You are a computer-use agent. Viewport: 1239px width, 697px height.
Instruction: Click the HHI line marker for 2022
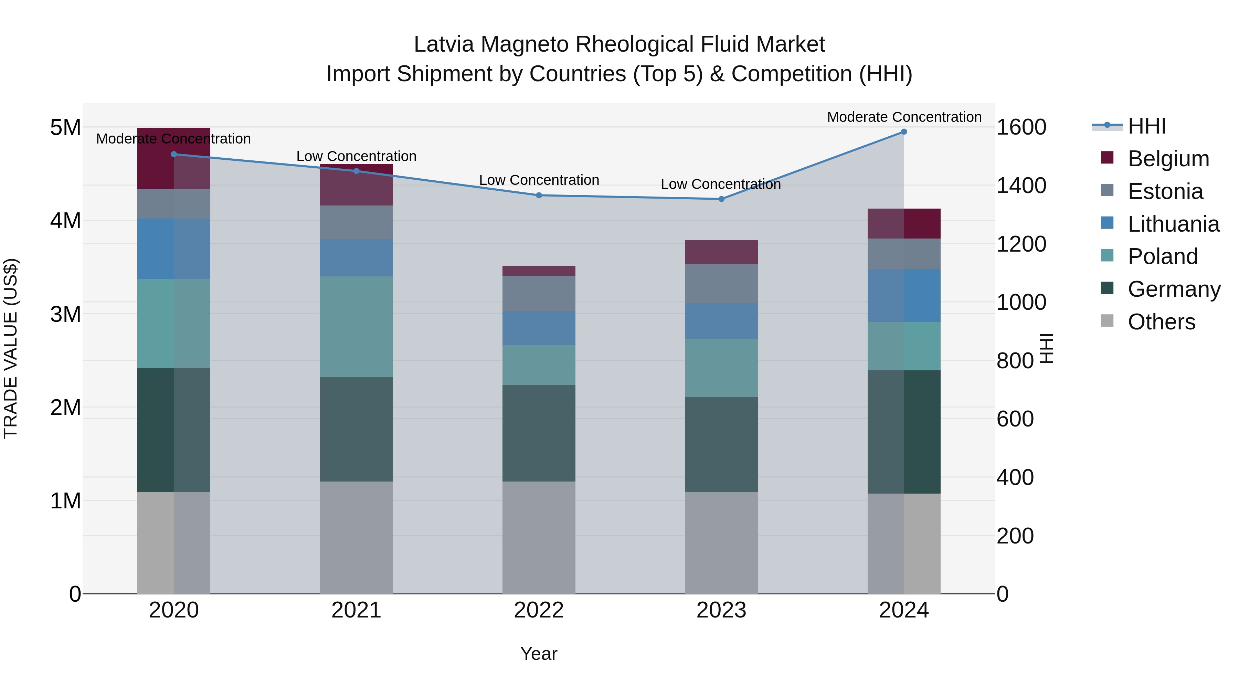coord(539,195)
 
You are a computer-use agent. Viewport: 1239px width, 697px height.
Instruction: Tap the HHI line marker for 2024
coord(904,132)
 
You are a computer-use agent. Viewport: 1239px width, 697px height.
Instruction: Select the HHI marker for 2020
coord(174,155)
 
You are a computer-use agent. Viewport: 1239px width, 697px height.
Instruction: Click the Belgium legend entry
coord(1168,159)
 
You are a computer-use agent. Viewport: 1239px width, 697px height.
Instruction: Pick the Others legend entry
coord(1161,322)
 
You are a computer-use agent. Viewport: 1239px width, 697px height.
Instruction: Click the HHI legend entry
coord(1147,126)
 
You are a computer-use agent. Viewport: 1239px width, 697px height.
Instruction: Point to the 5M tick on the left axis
coord(65,128)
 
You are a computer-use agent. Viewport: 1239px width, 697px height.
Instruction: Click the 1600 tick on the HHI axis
coord(1021,127)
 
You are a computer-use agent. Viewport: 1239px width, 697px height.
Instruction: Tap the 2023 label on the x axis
coord(721,610)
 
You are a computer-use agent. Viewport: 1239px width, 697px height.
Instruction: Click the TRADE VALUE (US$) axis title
coord(11,348)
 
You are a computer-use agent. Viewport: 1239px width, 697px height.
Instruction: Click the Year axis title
coord(539,654)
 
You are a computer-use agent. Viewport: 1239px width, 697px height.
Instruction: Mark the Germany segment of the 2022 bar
coord(539,433)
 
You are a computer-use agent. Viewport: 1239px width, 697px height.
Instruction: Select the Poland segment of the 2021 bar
coord(357,327)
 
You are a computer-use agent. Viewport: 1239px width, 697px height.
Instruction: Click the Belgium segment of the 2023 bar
coord(721,252)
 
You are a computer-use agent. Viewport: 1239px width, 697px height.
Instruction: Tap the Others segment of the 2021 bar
coord(357,537)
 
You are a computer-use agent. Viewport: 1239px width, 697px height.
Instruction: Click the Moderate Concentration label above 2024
coord(904,117)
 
